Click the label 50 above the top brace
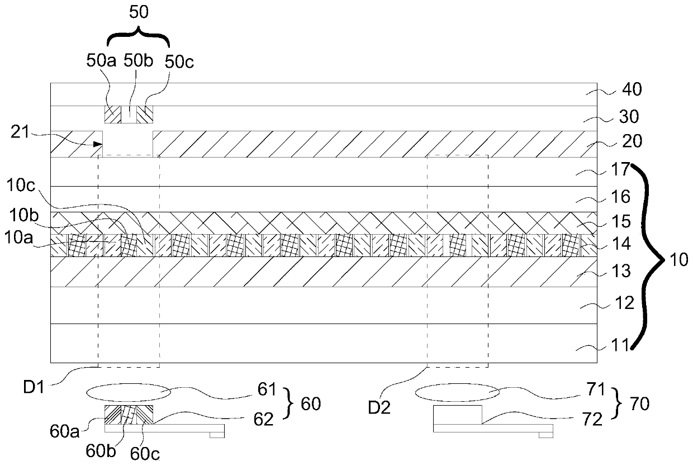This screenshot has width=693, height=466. point(139,13)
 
